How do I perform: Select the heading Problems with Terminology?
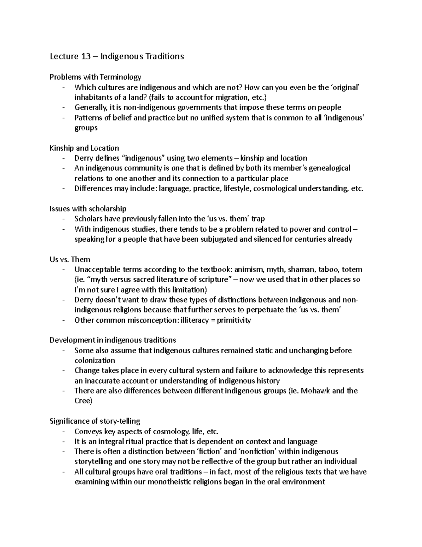(x=95, y=77)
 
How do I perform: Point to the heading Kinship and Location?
(x=84, y=148)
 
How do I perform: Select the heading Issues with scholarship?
(x=88, y=209)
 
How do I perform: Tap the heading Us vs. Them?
(x=70, y=260)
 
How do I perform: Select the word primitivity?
(x=234, y=321)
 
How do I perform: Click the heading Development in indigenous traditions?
(x=113, y=340)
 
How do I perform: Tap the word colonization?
(x=95, y=360)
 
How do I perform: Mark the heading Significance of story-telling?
(x=95, y=421)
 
